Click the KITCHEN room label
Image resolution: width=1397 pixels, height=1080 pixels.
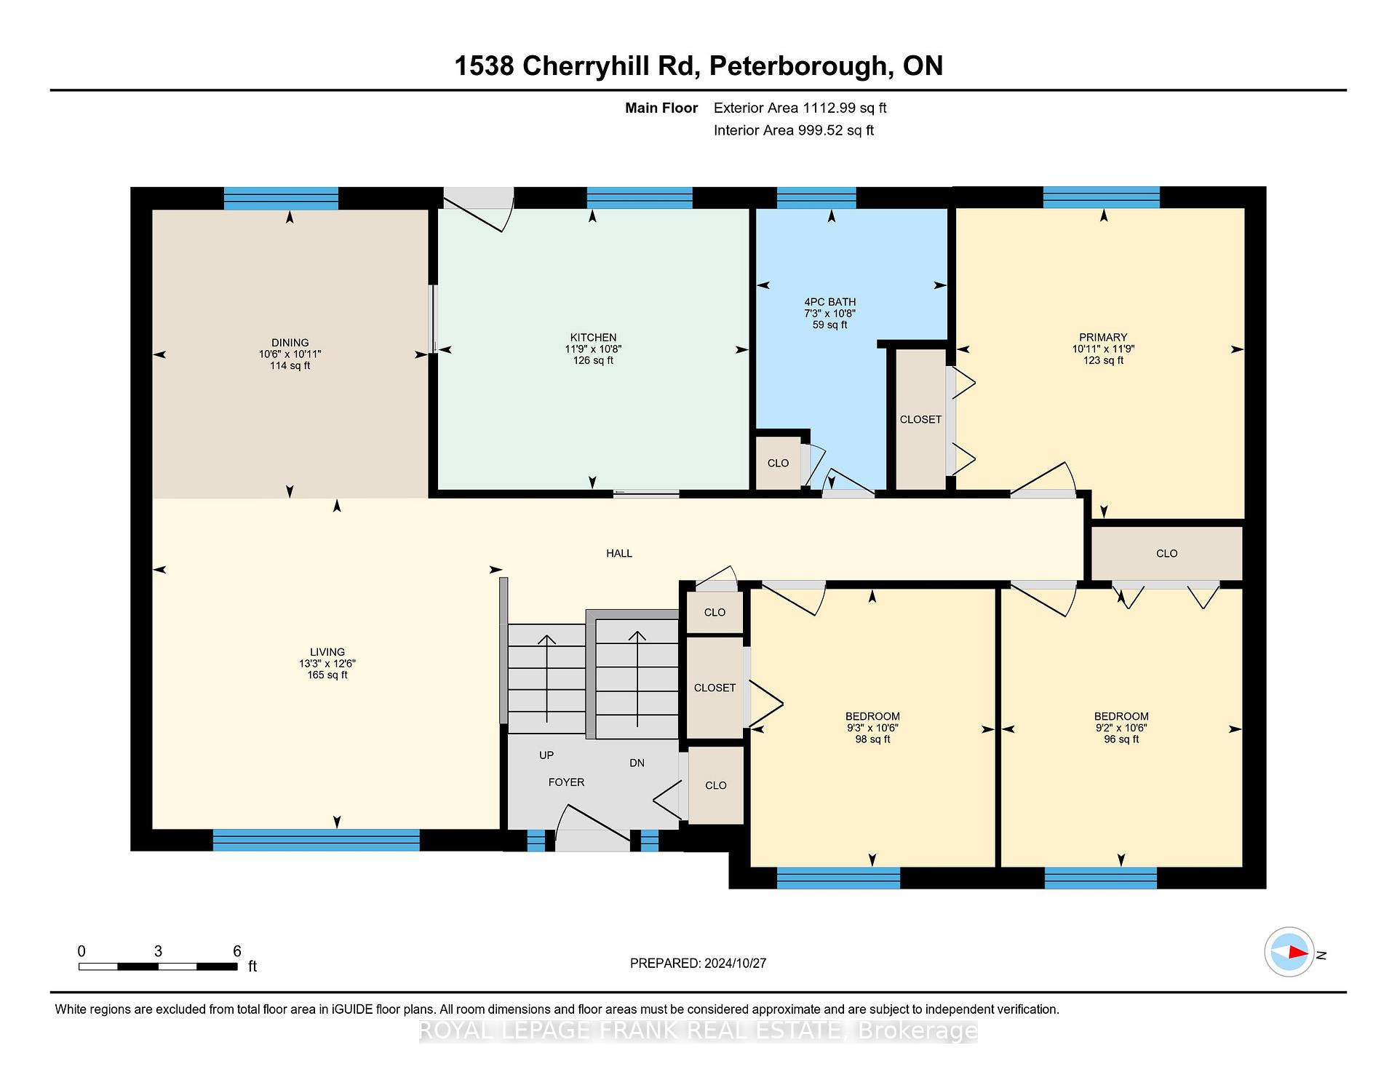pyautogui.click(x=593, y=338)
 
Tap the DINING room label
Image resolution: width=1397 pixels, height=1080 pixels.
pyautogui.click(x=290, y=343)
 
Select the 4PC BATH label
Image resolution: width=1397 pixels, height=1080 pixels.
pyautogui.click(x=829, y=302)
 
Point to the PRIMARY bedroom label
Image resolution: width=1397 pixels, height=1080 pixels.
pyautogui.click(x=1103, y=338)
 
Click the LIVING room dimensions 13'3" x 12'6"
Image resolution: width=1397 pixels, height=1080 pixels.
pyautogui.click(x=327, y=664)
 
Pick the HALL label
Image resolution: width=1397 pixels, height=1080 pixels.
pyautogui.click(x=619, y=554)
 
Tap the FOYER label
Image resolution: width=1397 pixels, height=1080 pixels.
pyautogui.click(x=566, y=782)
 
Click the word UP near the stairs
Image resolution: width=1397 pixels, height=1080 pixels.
pyautogui.click(x=546, y=755)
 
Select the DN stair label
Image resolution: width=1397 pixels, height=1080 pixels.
pyautogui.click(x=637, y=763)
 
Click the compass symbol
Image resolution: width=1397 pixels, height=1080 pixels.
pyautogui.click(x=1289, y=952)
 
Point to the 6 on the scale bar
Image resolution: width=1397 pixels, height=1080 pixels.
pyautogui.click(x=236, y=951)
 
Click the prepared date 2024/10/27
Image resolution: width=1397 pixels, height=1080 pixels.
pyautogui.click(x=735, y=964)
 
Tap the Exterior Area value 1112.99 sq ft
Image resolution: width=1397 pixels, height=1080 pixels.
pyautogui.click(x=845, y=108)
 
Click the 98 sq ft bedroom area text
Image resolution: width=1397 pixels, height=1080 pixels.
pyautogui.click(x=872, y=739)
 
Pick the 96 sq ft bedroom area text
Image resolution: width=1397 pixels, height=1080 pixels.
pyautogui.click(x=1121, y=739)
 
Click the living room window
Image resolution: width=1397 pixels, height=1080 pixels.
pyautogui.click(x=316, y=841)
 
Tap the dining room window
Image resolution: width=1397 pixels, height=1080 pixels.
pyautogui.click(x=281, y=199)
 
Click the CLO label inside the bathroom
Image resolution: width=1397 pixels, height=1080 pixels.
pyautogui.click(x=778, y=464)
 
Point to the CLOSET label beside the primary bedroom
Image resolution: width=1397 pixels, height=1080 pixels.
pyautogui.click(x=920, y=420)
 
